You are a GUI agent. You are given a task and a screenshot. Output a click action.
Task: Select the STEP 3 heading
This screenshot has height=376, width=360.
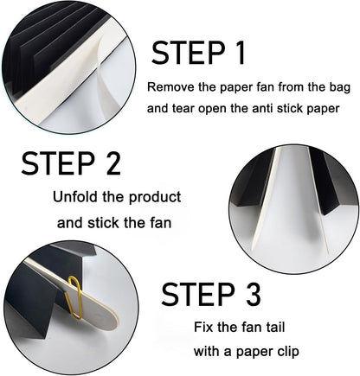(x=211, y=294)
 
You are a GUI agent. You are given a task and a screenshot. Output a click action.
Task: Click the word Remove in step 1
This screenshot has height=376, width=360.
(x=168, y=87)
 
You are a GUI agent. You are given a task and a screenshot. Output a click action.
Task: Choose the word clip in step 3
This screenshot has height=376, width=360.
(x=284, y=352)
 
